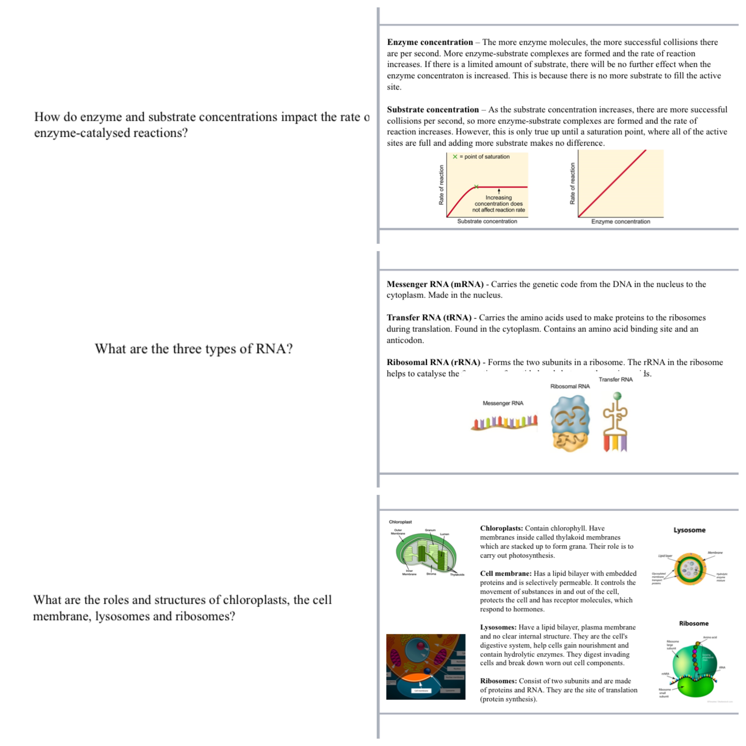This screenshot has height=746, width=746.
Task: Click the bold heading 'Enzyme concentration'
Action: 430,42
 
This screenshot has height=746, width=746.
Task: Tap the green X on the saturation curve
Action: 476,187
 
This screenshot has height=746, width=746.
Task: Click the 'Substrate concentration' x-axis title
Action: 487,221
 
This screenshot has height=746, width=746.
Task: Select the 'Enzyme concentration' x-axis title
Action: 620,222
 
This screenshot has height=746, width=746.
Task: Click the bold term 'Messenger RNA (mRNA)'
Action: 435,284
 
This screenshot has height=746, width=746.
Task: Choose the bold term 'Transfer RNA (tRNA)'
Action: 429,318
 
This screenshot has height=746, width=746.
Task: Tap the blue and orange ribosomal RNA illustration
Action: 570,423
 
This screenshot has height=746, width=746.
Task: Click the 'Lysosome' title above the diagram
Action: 689,530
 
